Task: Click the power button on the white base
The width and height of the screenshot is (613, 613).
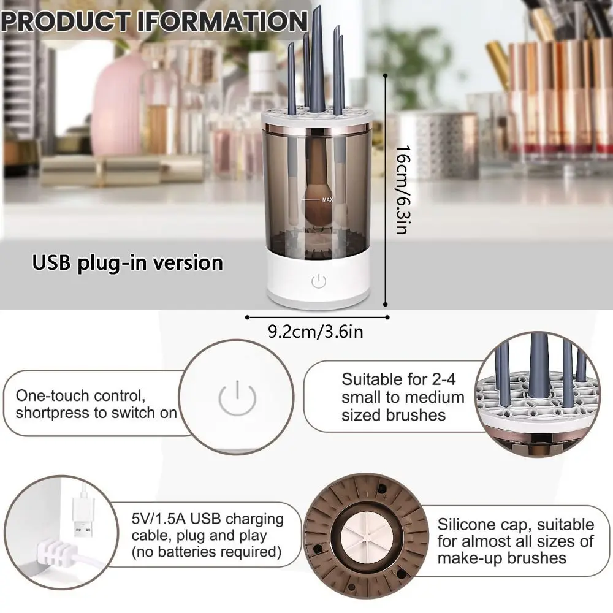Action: click(318, 281)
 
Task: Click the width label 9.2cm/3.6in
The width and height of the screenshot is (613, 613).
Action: click(316, 332)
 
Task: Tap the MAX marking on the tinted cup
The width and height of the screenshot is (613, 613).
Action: click(327, 199)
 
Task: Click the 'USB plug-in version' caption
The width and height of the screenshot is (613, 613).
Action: click(128, 263)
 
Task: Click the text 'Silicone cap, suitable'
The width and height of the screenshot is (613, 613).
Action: click(516, 525)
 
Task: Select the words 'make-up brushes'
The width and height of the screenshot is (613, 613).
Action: click(501, 558)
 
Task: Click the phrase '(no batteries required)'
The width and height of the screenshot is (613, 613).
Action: click(207, 552)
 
